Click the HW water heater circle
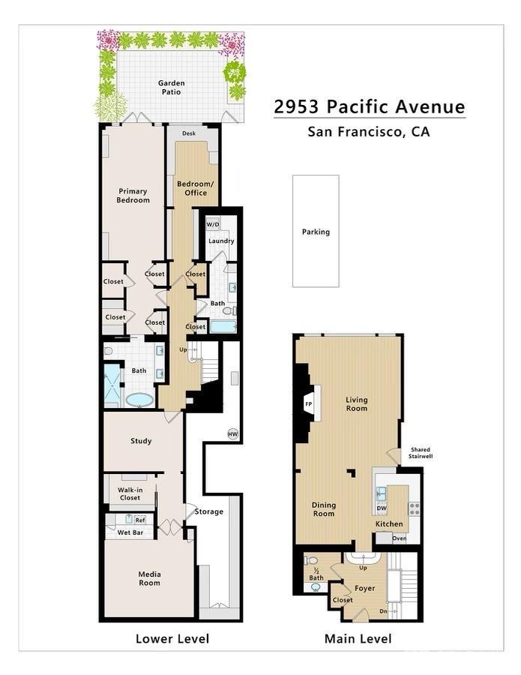tap(232, 434)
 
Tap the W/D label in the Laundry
tap(213, 225)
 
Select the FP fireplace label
tap(308, 403)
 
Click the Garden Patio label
tap(171, 88)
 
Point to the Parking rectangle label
tap(316, 232)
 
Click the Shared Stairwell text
tap(421, 453)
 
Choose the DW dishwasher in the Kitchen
tap(382, 508)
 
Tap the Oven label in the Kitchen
tap(400, 538)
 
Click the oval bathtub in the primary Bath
tap(140, 400)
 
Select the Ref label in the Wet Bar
tap(140, 520)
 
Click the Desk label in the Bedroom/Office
tap(189, 133)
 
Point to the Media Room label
tap(149, 578)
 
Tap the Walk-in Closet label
tap(130, 493)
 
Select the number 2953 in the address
tap(296, 106)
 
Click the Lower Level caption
tap(172, 638)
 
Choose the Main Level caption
tap(358, 638)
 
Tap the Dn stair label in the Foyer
tap(383, 611)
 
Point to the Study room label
tap(141, 441)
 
